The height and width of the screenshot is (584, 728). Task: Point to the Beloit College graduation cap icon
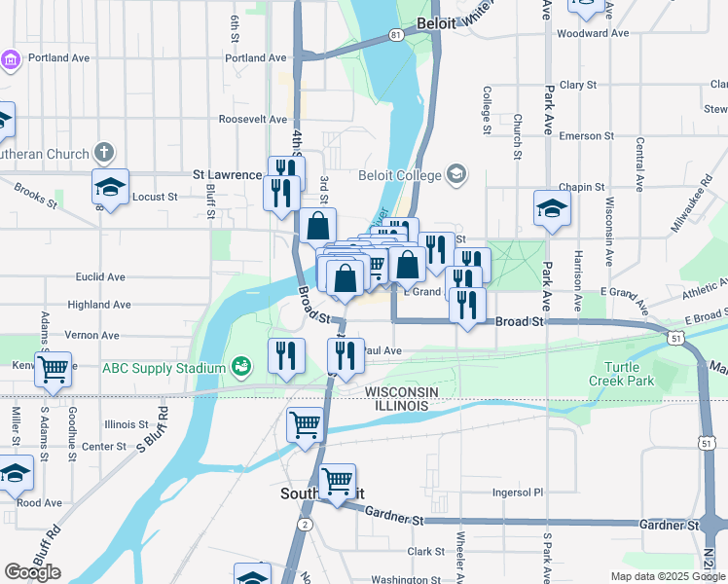(x=456, y=175)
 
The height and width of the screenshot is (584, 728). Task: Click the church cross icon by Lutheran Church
(x=104, y=153)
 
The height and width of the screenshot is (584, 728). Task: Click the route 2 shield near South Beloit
(x=306, y=525)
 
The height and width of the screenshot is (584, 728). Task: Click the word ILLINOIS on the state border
(x=397, y=405)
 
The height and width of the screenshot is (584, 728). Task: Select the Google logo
(x=32, y=572)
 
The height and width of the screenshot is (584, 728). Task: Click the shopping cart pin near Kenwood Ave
(x=53, y=368)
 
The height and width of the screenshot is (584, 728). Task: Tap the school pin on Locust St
(x=111, y=187)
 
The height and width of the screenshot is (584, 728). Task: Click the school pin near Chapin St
(x=552, y=208)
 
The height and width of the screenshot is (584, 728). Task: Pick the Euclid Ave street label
(x=102, y=276)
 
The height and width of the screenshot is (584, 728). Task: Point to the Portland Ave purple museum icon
(x=11, y=59)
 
